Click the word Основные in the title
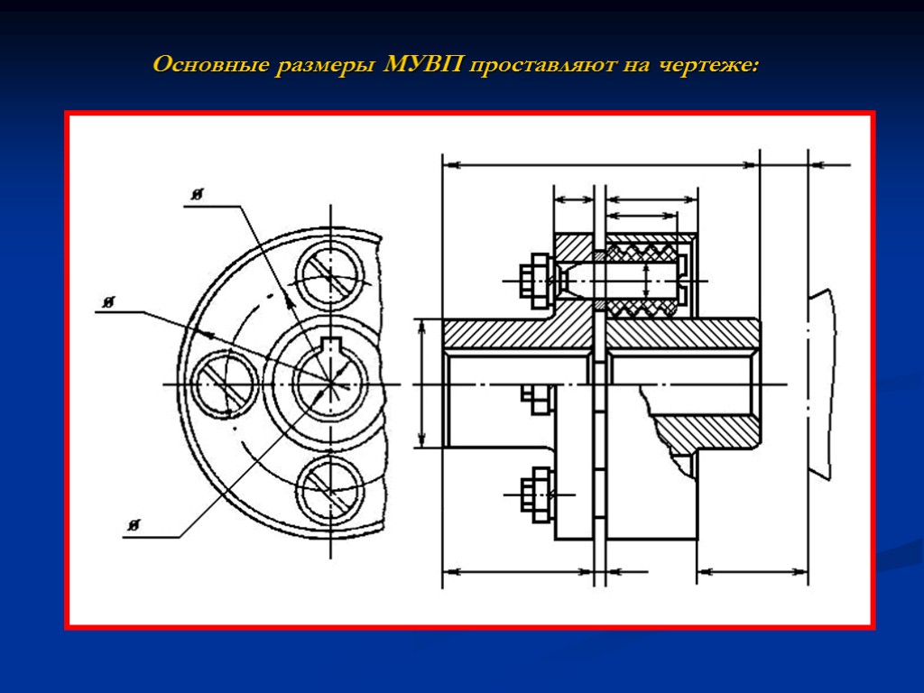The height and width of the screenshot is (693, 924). point(209,66)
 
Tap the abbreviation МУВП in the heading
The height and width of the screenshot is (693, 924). point(422,66)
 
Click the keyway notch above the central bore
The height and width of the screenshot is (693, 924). point(331,343)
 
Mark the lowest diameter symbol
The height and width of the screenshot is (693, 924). point(134,525)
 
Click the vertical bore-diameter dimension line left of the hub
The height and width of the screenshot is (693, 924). point(422,383)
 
